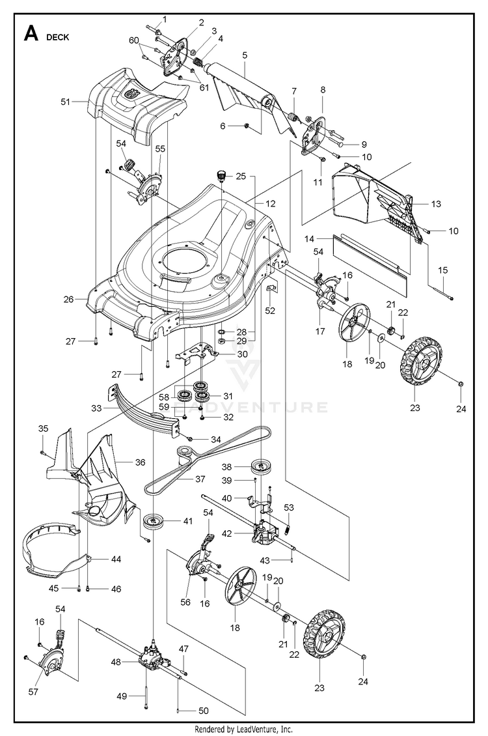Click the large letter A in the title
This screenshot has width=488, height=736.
pyautogui.click(x=31, y=34)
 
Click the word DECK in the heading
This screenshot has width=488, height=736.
pyautogui.click(x=57, y=37)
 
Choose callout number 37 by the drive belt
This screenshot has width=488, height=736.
pyautogui.click(x=200, y=479)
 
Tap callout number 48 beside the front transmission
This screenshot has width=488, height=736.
pyautogui.click(x=116, y=662)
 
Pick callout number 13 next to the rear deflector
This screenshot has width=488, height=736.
pyautogui.click(x=436, y=204)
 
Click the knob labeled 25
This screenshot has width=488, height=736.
pyautogui.click(x=221, y=175)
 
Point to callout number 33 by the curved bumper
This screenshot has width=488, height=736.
pyautogui.click(x=96, y=408)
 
